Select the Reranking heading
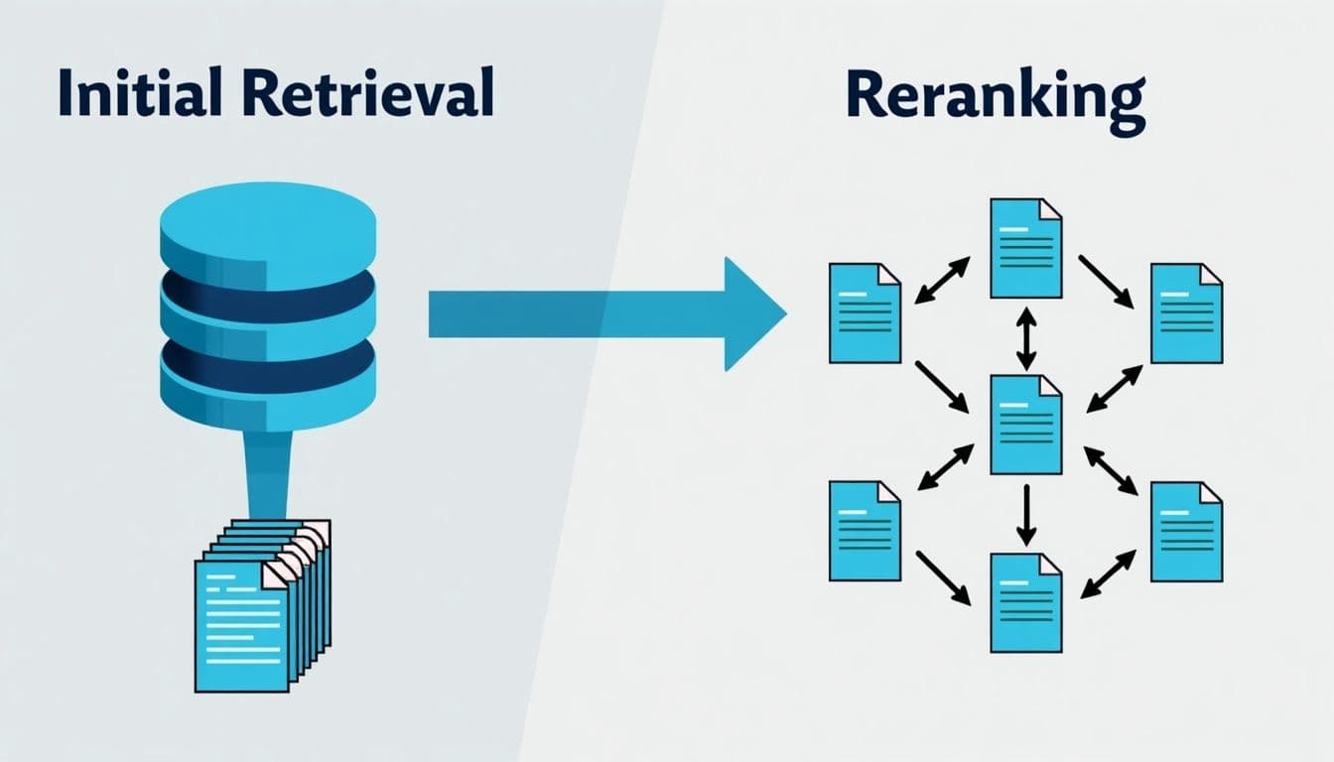click(x=995, y=97)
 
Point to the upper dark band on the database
click(x=268, y=295)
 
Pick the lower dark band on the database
click(x=268, y=365)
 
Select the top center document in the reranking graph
click(x=1026, y=248)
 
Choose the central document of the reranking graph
click(x=1026, y=425)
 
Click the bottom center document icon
click(x=1026, y=602)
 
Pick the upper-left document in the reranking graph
click(x=865, y=313)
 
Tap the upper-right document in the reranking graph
click(x=1186, y=313)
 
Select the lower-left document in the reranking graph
click(x=865, y=531)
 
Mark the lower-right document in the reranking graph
click(x=1186, y=531)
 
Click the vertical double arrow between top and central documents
click(x=1026, y=337)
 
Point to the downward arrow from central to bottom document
click(x=1026, y=514)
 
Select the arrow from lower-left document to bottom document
click(x=943, y=577)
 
